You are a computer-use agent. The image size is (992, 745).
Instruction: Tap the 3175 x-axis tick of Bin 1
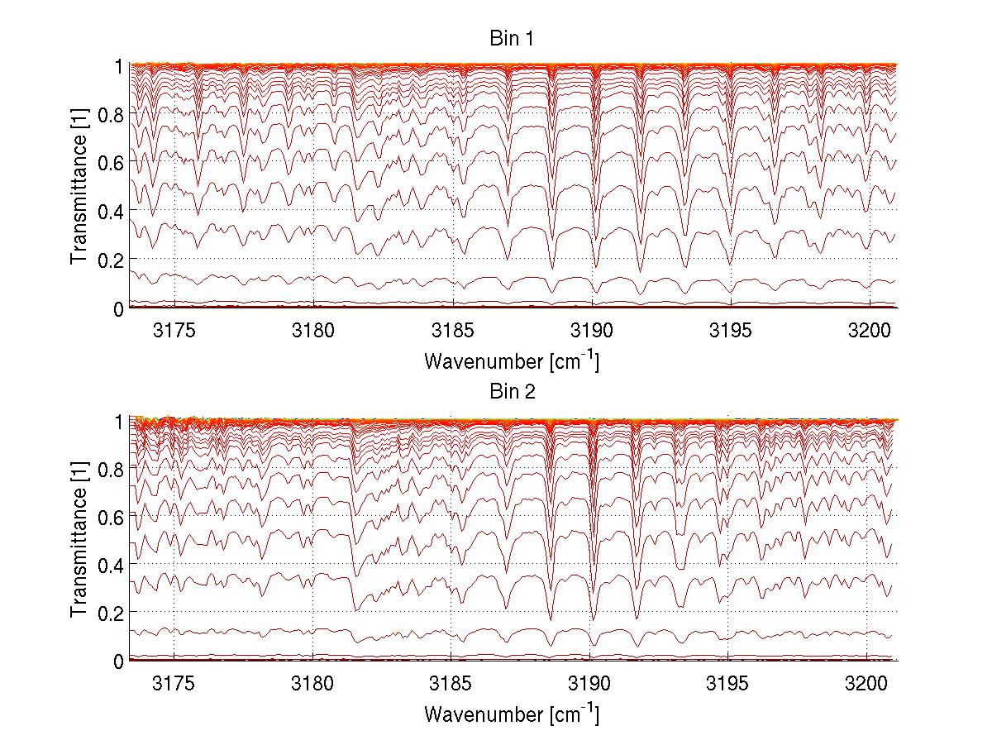(x=174, y=331)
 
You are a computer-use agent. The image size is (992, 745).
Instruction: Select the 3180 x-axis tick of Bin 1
(x=313, y=331)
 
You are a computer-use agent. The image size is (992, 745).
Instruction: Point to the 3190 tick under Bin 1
(x=590, y=331)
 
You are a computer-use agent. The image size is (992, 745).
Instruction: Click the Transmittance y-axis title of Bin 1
(x=79, y=187)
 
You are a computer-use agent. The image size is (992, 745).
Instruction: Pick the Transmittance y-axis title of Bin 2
(x=79, y=540)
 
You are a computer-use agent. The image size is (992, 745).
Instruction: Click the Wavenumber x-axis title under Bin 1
(x=512, y=361)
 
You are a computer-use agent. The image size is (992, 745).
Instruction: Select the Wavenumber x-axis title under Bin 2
(x=512, y=713)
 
